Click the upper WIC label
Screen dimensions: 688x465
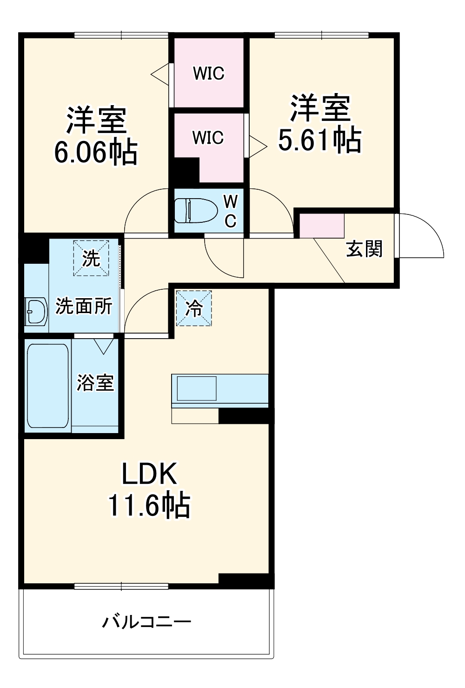coord(209,73)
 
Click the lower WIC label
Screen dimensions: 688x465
coord(208,138)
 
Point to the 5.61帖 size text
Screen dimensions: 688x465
coord(320,140)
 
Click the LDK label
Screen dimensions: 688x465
coord(149,474)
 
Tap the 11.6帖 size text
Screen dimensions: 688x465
coord(149,505)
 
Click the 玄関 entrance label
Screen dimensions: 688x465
coord(364,249)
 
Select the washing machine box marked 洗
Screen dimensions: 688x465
coord(91,258)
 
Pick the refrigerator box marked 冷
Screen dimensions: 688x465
coord(194,308)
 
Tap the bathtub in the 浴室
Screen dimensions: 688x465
coord(47,385)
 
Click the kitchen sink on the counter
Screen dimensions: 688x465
coord(197,388)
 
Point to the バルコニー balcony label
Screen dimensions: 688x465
coord(147,622)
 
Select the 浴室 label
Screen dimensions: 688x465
coord(95,382)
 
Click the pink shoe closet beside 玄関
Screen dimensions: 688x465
coord(321,226)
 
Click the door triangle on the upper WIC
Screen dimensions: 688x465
coord(160,73)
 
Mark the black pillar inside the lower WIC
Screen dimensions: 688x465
coord(186,170)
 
